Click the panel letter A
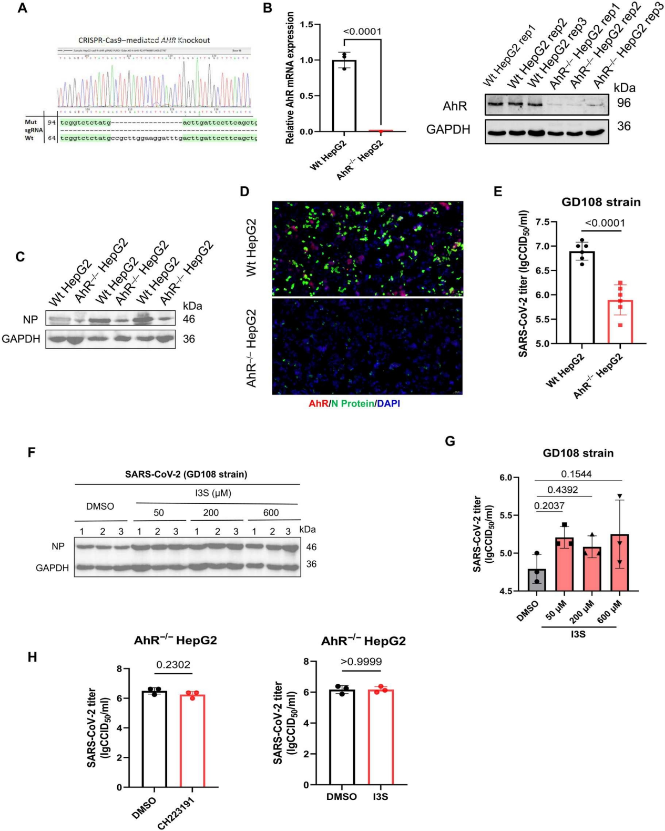[22, 8]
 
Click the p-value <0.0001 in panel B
[362, 32]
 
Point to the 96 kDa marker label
[624, 103]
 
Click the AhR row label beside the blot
[455, 106]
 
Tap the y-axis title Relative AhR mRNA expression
[290, 79]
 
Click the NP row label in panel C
[30, 319]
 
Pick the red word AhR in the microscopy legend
[318, 403]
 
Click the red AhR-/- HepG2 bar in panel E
[620, 321]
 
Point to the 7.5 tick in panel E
[543, 222]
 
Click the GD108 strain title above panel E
[601, 202]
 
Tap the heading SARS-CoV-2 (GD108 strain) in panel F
[186, 474]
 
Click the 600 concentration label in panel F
[271, 513]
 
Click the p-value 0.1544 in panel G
[576, 474]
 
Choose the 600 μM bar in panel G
[620, 562]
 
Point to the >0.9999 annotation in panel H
[361, 662]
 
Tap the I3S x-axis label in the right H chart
[381, 797]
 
